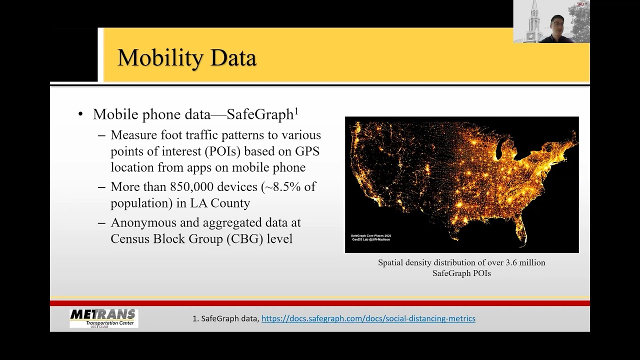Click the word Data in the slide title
point(233,58)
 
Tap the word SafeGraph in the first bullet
point(260,114)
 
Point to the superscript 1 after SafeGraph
point(296,111)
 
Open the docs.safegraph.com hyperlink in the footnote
point(368,318)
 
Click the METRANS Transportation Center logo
point(103,318)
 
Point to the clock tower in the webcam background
point(534,22)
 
